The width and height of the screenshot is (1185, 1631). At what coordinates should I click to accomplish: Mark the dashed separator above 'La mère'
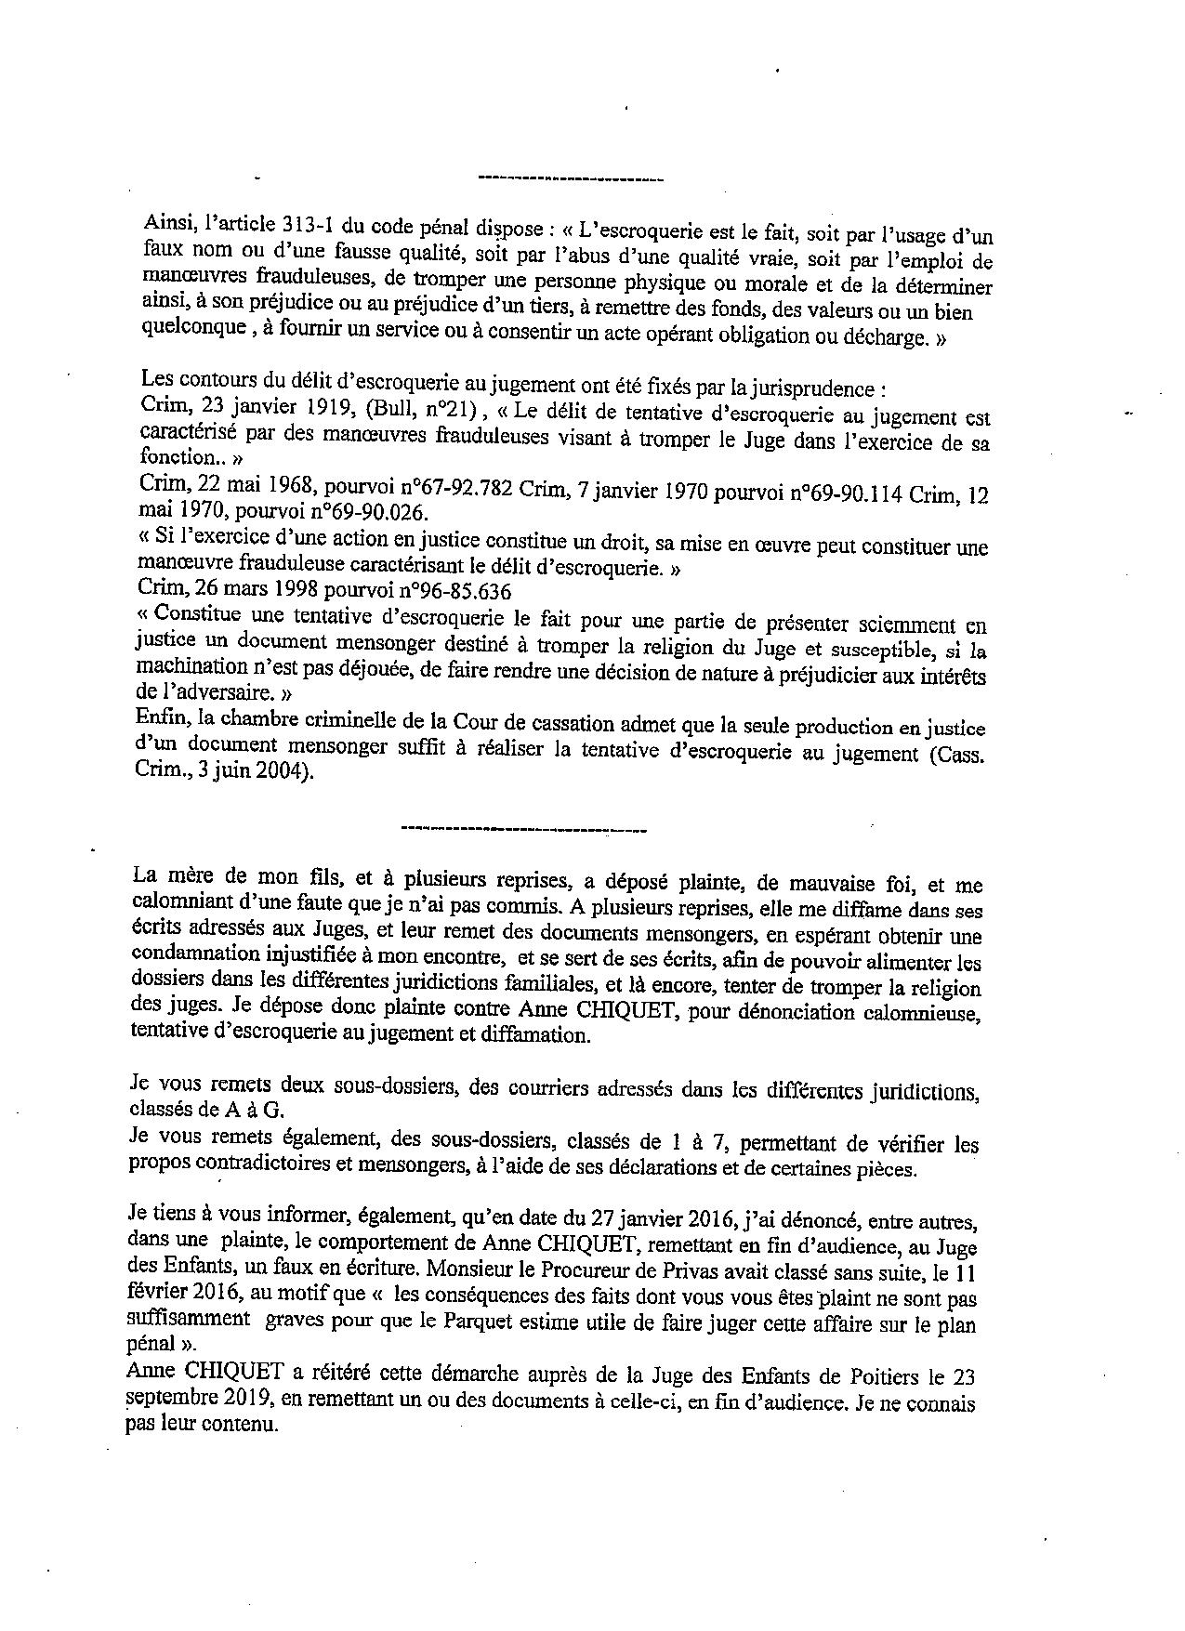[522, 826]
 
